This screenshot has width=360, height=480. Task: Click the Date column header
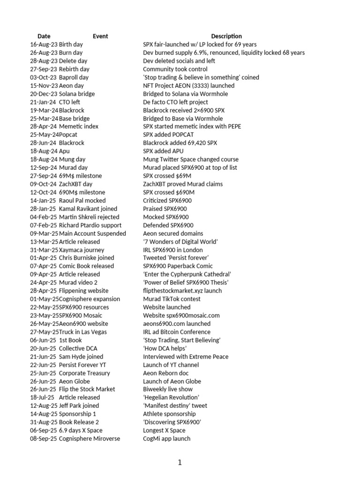coord(44,36)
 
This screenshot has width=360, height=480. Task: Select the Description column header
coord(226,36)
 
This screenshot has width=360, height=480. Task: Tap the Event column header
coord(100,36)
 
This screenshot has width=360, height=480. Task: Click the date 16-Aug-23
coord(44,45)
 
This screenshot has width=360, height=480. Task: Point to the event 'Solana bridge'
coord(76,94)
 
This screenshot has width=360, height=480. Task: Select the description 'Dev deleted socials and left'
coord(179,61)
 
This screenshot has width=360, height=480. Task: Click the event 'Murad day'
coord(73,167)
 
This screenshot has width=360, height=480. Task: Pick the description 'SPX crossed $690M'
coord(169,192)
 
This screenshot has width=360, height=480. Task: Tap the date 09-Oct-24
coord(44,184)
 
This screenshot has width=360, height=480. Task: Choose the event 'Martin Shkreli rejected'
coord(89,217)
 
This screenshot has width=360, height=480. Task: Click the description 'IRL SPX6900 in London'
coord(173,250)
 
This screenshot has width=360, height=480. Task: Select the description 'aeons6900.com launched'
coord(177,323)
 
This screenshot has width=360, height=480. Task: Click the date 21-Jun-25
coord(43,356)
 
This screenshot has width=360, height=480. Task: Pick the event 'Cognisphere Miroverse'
coord(90,439)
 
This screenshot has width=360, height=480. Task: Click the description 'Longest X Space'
coord(164,430)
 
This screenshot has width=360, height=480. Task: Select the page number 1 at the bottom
coord(180,463)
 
